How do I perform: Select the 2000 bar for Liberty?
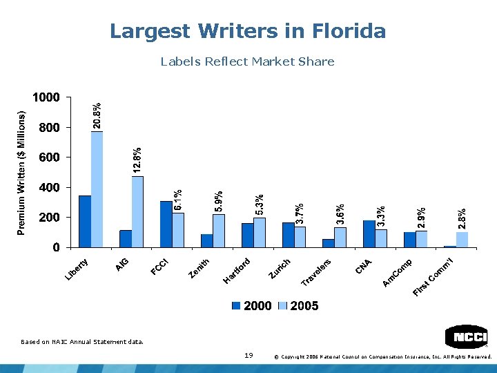click(85, 221)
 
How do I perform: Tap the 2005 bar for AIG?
click(138, 211)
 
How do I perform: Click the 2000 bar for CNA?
click(369, 233)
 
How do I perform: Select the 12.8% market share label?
click(138, 160)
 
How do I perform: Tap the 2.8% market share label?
click(462, 219)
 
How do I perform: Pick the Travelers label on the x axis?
click(318, 271)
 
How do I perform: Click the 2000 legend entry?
click(252, 306)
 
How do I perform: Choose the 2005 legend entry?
click(299, 306)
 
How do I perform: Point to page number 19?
click(249, 355)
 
